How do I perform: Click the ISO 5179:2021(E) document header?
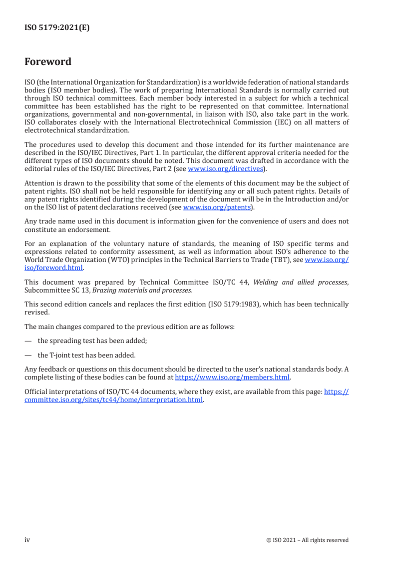coord(57,28)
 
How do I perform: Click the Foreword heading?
coord(48,62)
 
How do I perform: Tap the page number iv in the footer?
coord(27,540)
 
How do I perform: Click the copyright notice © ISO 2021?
coord(307,540)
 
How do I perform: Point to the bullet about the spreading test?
coord(92,340)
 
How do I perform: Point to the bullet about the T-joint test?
coord(86,355)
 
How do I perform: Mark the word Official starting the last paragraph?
coord(37,392)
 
